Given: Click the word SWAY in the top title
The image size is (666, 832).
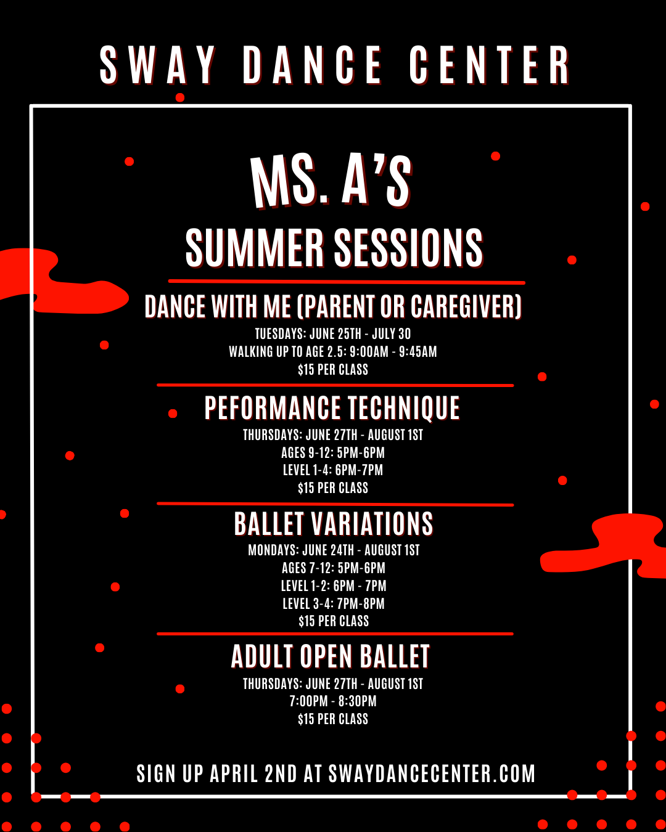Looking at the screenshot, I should (158, 65).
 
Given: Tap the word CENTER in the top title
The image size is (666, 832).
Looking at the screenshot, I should (489, 65).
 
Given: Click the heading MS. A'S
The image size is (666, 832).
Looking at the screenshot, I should (331, 181).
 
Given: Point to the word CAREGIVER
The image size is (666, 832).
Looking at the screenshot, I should (466, 306).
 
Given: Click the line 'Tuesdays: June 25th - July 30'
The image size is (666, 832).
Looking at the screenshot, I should (333, 334).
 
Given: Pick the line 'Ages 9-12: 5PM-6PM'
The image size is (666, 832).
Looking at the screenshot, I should (333, 453).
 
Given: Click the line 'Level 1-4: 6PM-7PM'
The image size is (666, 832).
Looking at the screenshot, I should (333, 470).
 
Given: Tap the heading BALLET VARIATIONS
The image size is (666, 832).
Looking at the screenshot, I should (334, 524).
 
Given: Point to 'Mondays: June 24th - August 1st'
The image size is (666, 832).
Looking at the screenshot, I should (334, 550).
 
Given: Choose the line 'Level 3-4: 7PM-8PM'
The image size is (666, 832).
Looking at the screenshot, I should (334, 604).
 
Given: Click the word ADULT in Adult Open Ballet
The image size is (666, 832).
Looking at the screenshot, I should (261, 656).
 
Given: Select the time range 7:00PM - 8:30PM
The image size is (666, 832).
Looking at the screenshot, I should (333, 701).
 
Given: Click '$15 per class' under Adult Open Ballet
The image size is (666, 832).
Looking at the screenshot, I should (333, 719).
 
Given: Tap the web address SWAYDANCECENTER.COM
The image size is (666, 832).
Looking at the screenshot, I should (432, 774).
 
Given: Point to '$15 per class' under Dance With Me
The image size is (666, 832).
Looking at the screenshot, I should (333, 370).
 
